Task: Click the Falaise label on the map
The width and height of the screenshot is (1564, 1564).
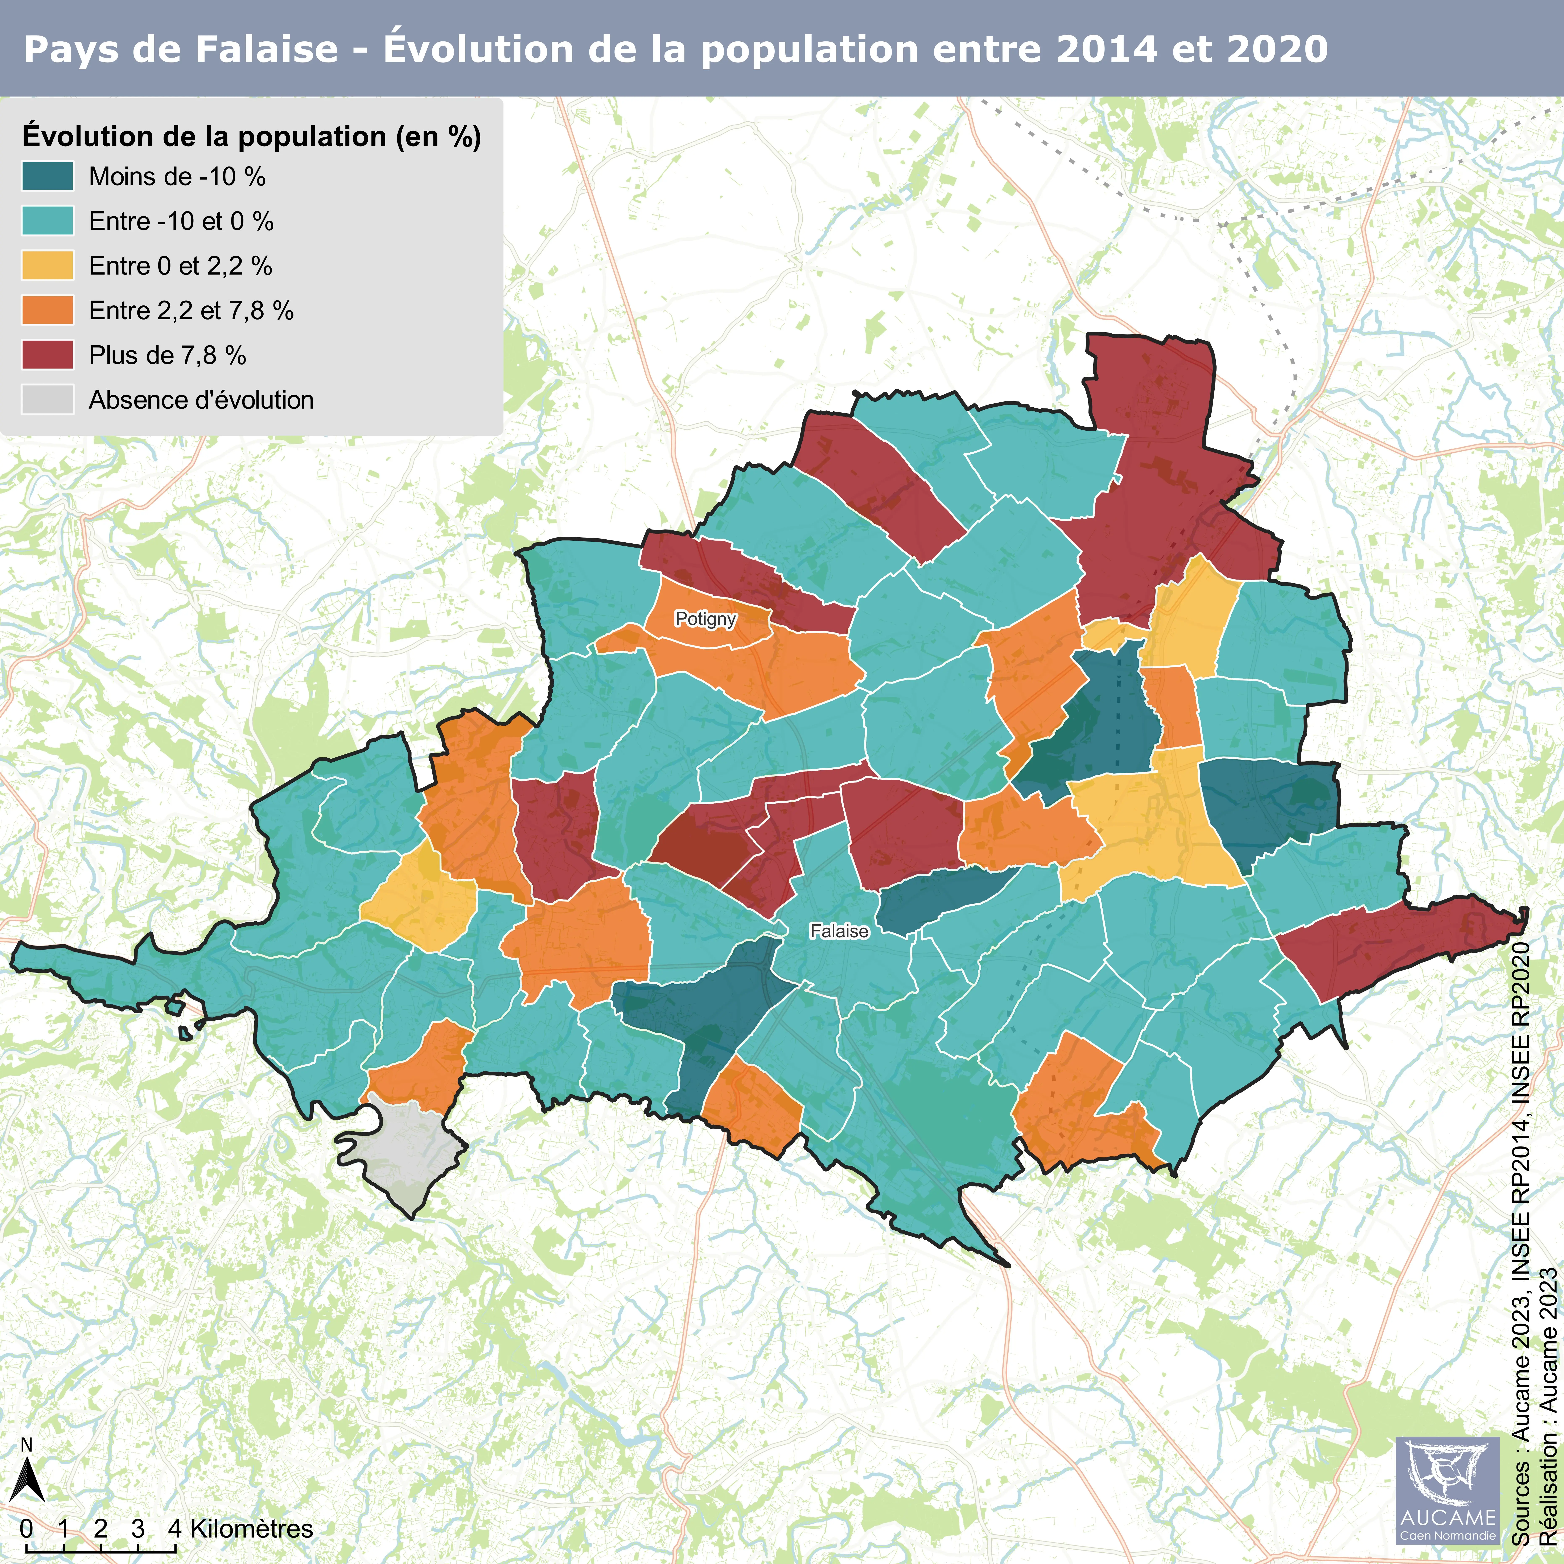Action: point(839,932)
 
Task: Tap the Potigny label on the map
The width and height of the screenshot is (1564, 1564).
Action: point(705,619)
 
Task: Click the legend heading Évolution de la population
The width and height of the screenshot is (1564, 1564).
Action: point(251,136)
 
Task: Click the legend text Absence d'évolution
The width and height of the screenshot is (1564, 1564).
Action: point(201,400)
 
